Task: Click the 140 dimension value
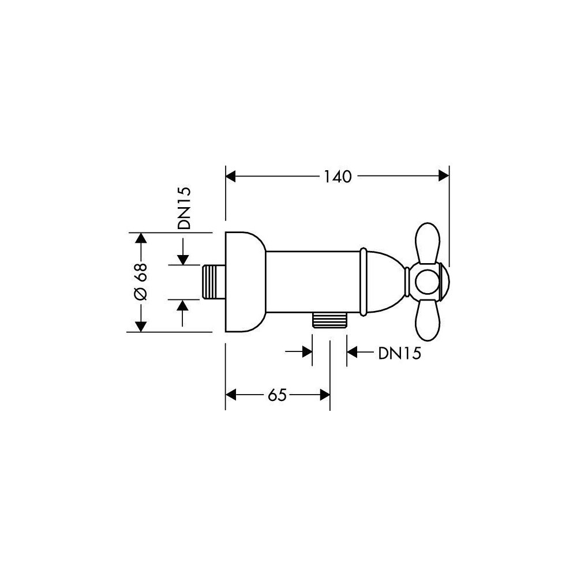338,177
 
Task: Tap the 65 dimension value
277,395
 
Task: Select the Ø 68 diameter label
141,282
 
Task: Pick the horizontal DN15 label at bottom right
399,354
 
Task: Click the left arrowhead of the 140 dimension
230,177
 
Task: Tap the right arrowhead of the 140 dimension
444,177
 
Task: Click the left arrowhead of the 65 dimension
230,395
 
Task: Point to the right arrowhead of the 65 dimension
325,395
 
